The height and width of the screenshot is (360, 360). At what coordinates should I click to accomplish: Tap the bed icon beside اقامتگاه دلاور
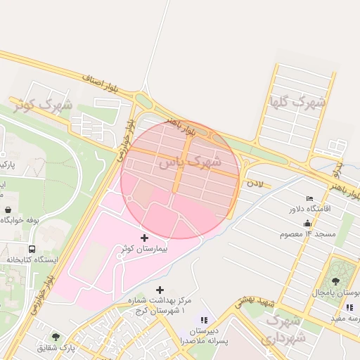309,198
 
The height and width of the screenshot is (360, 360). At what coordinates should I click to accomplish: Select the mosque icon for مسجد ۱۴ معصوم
307,224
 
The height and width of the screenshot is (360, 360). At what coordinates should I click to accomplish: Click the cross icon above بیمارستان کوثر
146,238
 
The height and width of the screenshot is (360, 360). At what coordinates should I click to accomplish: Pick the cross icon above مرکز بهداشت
160,289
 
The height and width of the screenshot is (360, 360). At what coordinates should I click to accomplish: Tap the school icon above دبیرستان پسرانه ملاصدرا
205,321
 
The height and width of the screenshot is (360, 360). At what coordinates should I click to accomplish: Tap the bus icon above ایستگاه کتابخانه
32,249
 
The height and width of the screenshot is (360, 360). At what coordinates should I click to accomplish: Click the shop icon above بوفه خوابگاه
8,210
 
